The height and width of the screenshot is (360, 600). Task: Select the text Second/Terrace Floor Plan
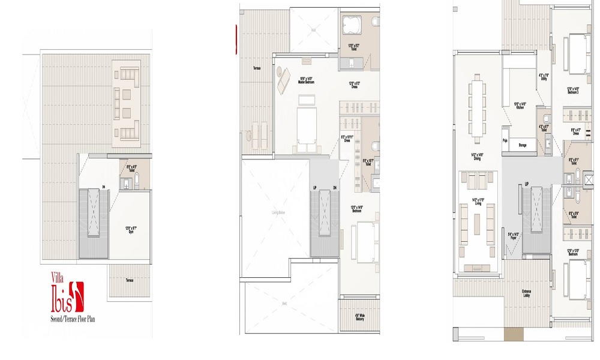73,319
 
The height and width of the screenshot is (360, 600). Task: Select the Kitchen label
520,106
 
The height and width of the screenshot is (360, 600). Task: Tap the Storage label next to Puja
522,145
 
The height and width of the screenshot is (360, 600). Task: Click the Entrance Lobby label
527,295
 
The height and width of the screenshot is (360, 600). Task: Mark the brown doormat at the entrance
514,334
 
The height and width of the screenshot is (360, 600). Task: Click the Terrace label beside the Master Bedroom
257,68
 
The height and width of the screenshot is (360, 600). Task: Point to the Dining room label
478,157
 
